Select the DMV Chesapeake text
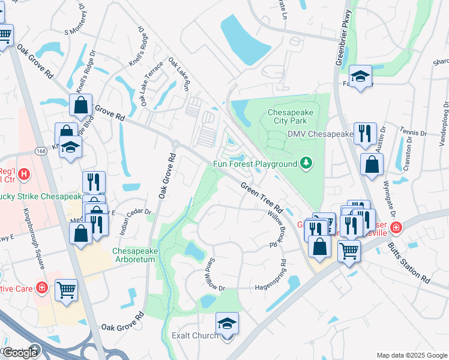pos(320,134)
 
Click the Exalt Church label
pos(195,335)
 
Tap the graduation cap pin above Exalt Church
pos(228,324)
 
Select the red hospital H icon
pos(23,175)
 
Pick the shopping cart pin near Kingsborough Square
pos(67,290)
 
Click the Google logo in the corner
pos(20,352)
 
